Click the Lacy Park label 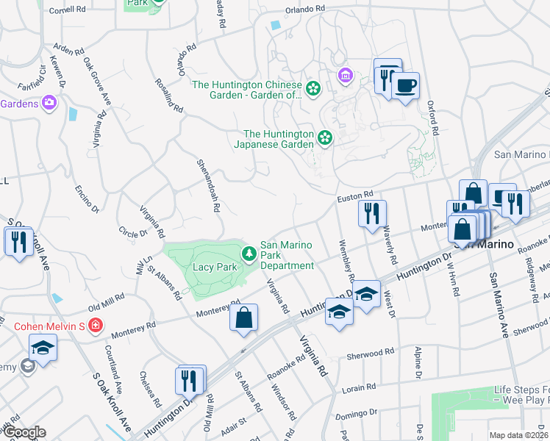[215, 267]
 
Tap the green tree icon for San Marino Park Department [250, 254]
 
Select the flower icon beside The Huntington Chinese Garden [313, 89]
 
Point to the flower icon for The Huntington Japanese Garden [324, 137]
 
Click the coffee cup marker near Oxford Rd [404, 87]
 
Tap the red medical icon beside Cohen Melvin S [95, 325]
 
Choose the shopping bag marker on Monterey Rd [243, 318]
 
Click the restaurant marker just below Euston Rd [372, 213]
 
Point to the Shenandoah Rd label [208, 185]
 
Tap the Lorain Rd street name [360, 387]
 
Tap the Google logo [24, 432]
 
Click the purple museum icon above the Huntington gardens [344, 75]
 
